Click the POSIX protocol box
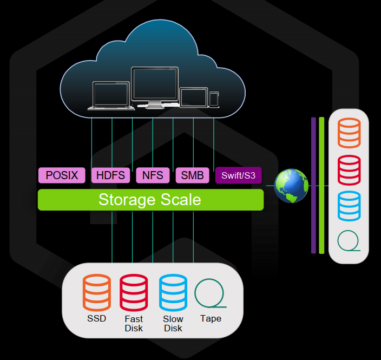tap(62, 175)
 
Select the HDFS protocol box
tap(110, 175)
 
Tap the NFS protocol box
tap(153, 175)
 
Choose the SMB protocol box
tap(192, 175)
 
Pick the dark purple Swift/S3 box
tap(239, 175)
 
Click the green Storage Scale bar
tap(150, 200)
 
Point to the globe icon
tap(291, 186)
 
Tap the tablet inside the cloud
tap(194, 97)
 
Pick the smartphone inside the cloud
tap(214, 99)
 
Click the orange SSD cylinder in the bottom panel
tap(96, 292)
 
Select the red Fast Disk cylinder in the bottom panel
tap(134, 292)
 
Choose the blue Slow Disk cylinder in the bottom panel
tap(173, 292)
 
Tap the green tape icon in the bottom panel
tap(210, 293)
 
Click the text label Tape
tap(211, 318)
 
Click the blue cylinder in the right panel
tap(349, 206)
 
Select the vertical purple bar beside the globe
tap(313, 185)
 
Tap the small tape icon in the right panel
tap(349, 241)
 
